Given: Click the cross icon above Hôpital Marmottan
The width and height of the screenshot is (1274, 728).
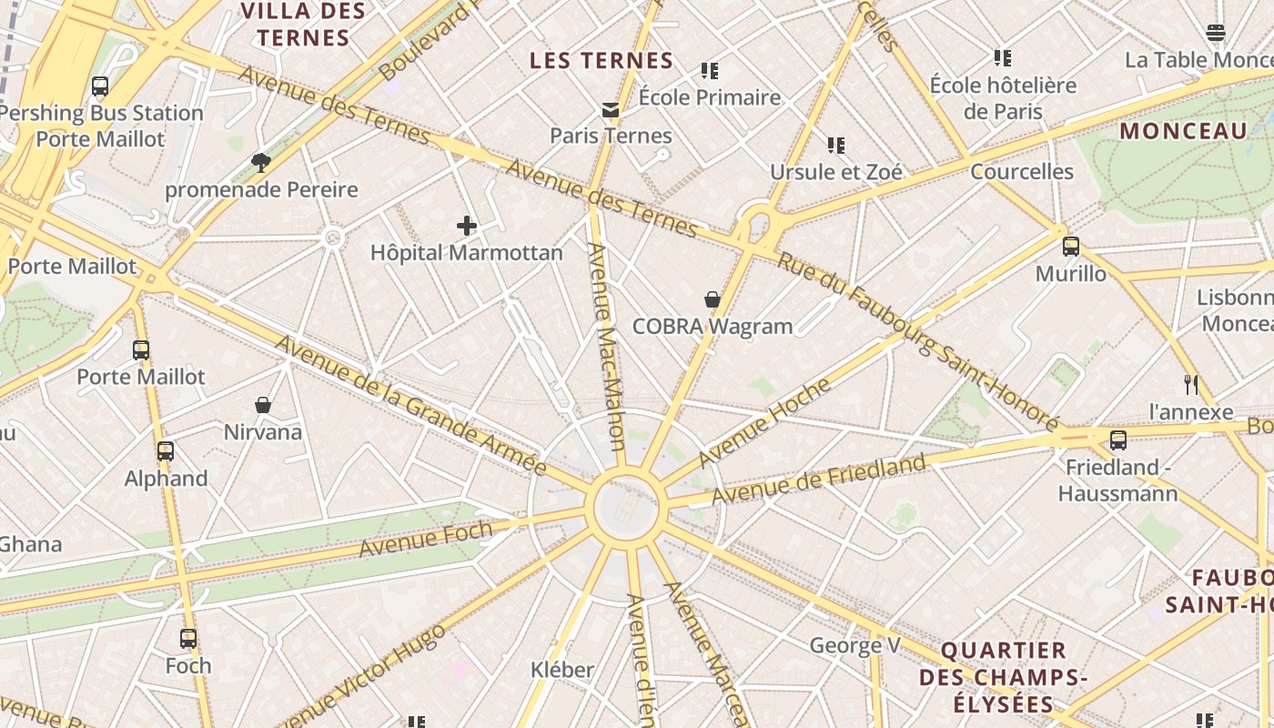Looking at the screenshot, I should tap(467, 226).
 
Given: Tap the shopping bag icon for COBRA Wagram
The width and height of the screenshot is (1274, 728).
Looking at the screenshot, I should tap(713, 299).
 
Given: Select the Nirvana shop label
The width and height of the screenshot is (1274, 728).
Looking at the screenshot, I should tap(263, 432).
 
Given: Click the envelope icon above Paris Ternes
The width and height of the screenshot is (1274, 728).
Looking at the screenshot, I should tap(611, 110).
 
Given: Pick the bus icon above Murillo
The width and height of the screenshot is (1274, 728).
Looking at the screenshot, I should tap(1071, 247).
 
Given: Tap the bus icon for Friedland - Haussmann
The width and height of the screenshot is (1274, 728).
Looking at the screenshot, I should tap(1118, 440).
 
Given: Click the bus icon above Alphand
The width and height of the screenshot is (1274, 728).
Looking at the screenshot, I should tap(166, 451).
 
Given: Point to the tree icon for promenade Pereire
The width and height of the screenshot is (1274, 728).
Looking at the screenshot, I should tap(261, 163).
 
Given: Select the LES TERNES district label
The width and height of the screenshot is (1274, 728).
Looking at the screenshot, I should tap(602, 61).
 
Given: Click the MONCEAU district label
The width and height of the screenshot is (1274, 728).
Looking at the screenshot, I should tap(1183, 131).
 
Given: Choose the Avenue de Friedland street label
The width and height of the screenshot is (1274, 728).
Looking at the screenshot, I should tap(818, 480).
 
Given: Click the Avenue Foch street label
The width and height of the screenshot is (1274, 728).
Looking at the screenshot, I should tap(426, 539).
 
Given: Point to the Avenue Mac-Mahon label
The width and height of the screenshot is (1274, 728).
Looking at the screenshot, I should tap(606, 346).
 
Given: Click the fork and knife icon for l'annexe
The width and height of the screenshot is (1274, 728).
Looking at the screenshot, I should tap(1190, 385).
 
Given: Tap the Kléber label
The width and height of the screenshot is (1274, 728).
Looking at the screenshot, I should tap(562, 671).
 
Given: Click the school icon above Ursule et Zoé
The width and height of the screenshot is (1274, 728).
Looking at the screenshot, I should tap(836, 146).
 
